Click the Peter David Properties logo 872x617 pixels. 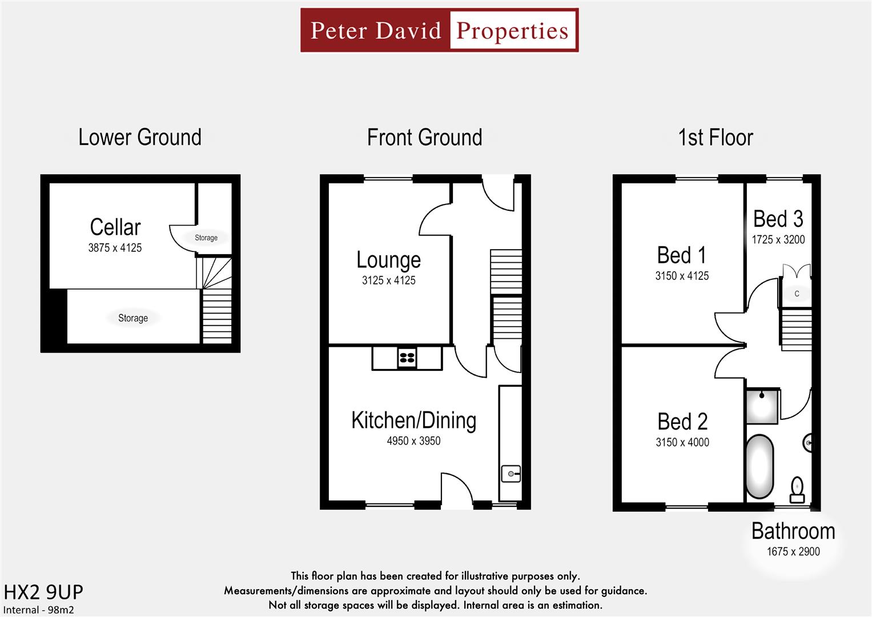point(439,30)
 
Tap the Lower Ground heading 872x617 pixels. point(140,138)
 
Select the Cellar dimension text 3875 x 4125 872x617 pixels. point(115,248)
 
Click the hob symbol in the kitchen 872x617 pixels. point(407,358)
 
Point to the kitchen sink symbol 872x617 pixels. point(511,474)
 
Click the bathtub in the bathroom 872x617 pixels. point(760,467)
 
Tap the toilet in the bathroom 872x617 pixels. point(797,489)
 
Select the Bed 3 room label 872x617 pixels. point(778,219)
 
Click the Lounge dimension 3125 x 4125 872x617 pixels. point(388,281)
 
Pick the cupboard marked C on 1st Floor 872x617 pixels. point(797,294)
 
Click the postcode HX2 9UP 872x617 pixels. point(43,592)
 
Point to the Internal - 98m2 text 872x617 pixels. point(39,610)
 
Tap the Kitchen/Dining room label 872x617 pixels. point(413,420)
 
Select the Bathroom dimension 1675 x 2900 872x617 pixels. point(793,552)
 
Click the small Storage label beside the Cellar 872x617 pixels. point(206,238)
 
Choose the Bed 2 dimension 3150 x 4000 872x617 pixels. point(682,442)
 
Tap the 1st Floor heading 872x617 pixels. point(716,138)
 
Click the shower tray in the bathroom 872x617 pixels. point(762,406)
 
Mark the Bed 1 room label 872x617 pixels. point(681,255)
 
